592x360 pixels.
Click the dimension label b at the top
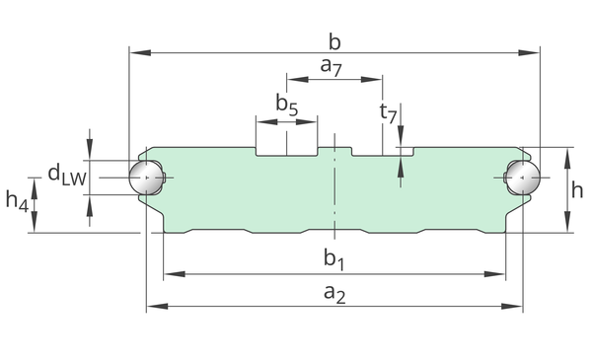click(x=334, y=41)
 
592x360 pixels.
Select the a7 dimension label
click(x=332, y=67)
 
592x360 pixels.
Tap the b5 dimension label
click(x=287, y=106)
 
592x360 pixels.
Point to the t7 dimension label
click(x=388, y=113)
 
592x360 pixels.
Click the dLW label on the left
click(x=67, y=176)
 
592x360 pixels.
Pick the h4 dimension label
click(x=17, y=201)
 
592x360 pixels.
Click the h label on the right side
click(x=577, y=189)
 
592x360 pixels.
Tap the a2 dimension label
click(x=334, y=294)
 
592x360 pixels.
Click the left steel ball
click(x=146, y=178)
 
